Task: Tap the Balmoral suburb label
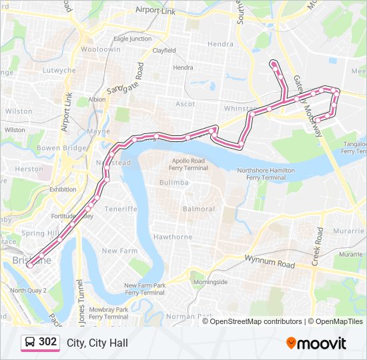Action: coord(200,209)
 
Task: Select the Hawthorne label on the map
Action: coord(173,237)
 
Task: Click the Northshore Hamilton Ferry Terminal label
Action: coord(266,174)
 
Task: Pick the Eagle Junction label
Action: coord(133,39)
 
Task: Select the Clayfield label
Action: coord(163,51)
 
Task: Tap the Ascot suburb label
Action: coord(185,104)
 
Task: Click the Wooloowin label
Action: coord(100,50)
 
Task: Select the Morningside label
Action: coord(210,282)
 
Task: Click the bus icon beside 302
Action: coord(30,343)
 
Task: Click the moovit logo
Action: coord(316,343)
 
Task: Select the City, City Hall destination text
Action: coord(97,343)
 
